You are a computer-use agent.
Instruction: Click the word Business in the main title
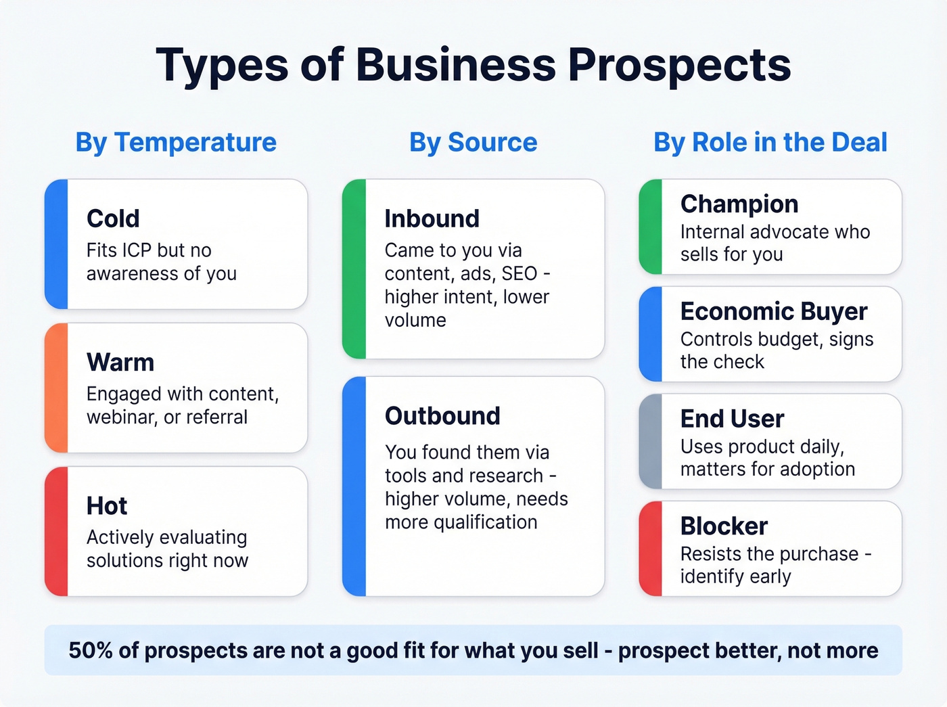tap(455, 66)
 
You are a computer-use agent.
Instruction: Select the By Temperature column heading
tap(176, 142)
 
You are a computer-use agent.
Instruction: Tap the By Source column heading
tap(473, 142)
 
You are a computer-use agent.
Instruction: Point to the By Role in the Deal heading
tap(770, 142)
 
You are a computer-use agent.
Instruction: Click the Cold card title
tap(113, 219)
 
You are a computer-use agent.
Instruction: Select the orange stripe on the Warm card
tap(57, 388)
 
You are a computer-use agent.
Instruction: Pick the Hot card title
tap(107, 505)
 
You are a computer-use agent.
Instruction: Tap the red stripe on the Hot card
tap(57, 531)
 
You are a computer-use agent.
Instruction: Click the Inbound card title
tap(432, 219)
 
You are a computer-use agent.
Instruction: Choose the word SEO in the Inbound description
tap(519, 273)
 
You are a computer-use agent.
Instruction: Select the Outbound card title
tap(442, 415)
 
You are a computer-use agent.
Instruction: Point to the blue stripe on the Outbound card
tap(354, 486)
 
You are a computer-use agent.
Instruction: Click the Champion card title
tap(739, 204)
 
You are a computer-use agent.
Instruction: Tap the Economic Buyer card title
tap(773, 311)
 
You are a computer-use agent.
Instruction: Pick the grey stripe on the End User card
tap(651, 441)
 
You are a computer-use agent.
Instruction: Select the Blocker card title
tap(724, 526)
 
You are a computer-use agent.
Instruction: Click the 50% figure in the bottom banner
tap(91, 650)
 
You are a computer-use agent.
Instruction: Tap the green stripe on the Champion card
tap(651, 227)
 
